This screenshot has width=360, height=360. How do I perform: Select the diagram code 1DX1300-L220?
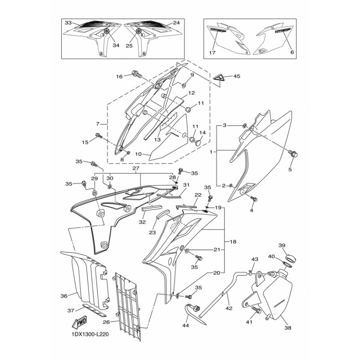89,334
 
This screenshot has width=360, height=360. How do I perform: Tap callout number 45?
237,76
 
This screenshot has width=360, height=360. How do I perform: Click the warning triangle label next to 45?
219,77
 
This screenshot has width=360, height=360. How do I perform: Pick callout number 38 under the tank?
288,328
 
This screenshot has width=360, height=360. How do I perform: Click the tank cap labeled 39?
290,259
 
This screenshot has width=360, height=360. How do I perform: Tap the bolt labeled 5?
293,153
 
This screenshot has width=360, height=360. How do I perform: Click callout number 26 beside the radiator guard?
106,322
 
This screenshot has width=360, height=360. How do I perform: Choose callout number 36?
64,296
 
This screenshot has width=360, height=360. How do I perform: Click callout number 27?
136,168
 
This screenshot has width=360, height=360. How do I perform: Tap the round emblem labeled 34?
107,31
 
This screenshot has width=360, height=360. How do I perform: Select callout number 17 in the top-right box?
212,53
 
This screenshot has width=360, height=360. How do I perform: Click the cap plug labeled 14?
198,143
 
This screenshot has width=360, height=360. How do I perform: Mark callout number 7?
98,124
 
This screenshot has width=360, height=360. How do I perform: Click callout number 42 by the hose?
229,308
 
